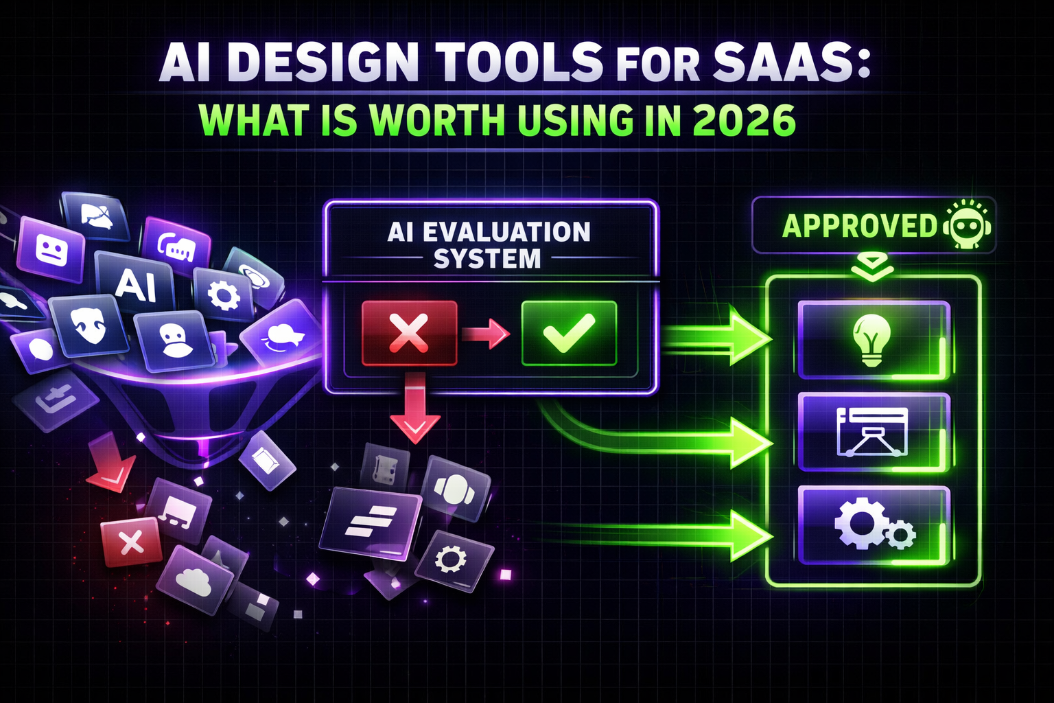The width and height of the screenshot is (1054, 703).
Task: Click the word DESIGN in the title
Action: click(x=323, y=63)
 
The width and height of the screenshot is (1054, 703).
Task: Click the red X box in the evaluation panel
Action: click(x=409, y=333)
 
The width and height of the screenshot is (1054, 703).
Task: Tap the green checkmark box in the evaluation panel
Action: click(x=569, y=333)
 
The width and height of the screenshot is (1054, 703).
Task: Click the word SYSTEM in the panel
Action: click(x=487, y=260)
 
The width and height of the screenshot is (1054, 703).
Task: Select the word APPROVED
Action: click(x=859, y=226)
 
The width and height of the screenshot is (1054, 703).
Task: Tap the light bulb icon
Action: click(x=871, y=341)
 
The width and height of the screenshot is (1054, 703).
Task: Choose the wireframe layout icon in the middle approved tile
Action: click(x=873, y=432)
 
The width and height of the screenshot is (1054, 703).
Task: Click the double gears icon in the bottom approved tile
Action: click(x=873, y=526)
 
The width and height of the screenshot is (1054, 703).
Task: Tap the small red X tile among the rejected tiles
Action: click(x=130, y=543)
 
